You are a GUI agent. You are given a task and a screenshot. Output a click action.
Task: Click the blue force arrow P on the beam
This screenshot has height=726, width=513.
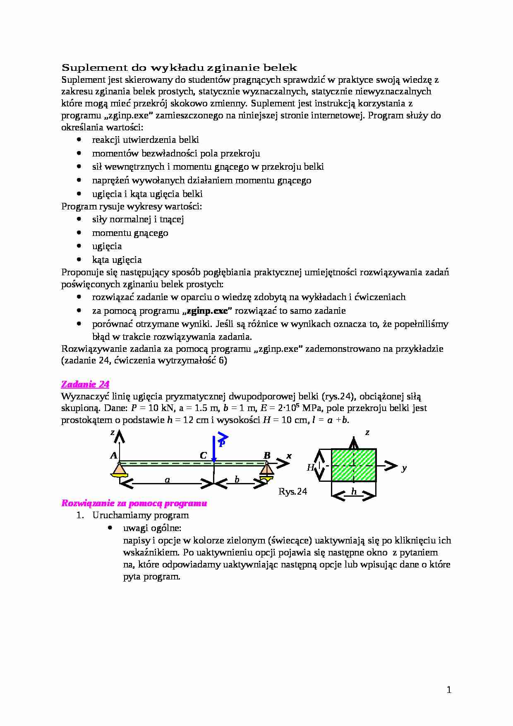coord(214,449)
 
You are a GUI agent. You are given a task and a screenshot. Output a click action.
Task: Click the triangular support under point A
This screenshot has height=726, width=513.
coord(119,469)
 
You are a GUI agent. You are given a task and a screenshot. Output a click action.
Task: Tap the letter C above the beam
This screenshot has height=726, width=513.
coord(203,456)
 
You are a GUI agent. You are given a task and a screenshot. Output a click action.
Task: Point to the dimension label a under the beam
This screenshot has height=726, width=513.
coord(167,480)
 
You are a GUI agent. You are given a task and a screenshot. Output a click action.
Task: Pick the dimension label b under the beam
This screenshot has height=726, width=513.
coord(237,479)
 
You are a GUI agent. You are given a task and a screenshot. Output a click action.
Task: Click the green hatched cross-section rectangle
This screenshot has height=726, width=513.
coord(354,465)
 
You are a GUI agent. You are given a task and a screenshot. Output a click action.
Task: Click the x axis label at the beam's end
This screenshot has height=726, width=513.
coord(289,456)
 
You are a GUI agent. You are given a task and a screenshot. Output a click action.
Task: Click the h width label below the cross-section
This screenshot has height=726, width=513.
coord(354,491)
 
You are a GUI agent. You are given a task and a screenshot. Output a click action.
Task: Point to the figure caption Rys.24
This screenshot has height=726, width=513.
coord(293,491)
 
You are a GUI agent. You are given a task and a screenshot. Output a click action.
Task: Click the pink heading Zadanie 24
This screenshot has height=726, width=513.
coord(85,384)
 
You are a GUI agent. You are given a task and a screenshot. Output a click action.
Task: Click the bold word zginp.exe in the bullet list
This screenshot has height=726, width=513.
coord(207,310)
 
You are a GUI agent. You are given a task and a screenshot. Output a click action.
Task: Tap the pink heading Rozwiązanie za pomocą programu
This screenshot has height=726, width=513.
coord(134,503)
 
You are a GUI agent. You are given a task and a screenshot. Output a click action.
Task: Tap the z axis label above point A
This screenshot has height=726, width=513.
coord(113,433)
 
